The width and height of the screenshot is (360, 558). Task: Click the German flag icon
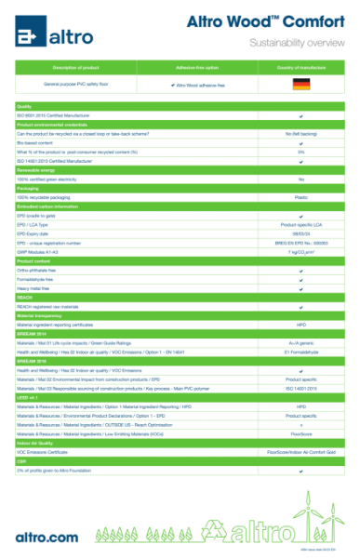point(300,85)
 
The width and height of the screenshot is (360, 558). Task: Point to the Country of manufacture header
point(300,68)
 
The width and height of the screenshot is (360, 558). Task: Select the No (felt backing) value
point(300,133)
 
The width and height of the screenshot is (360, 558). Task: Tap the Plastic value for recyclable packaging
point(300,197)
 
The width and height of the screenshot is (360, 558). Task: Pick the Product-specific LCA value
point(300,224)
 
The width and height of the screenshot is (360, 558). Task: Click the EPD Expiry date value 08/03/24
point(300,233)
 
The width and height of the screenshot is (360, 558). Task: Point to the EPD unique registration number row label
point(55,243)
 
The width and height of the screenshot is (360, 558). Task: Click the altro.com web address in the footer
point(47,537)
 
